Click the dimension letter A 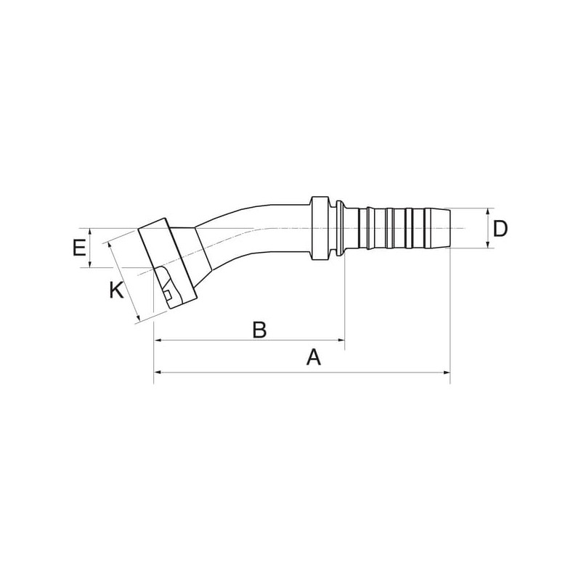click(x=314, y=357)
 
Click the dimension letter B click(x=259, y=330)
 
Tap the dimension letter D click(x=500, y=229)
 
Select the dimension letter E click(x=79, y=248)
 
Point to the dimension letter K click(x=116, y=290)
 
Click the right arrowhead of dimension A click(x=447, y=373)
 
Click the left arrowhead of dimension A click(x=158, y=373)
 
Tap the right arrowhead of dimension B click(x=341, y=339)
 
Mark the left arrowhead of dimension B click(x=158, y=339)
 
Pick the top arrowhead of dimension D click(x=487, y=212)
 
